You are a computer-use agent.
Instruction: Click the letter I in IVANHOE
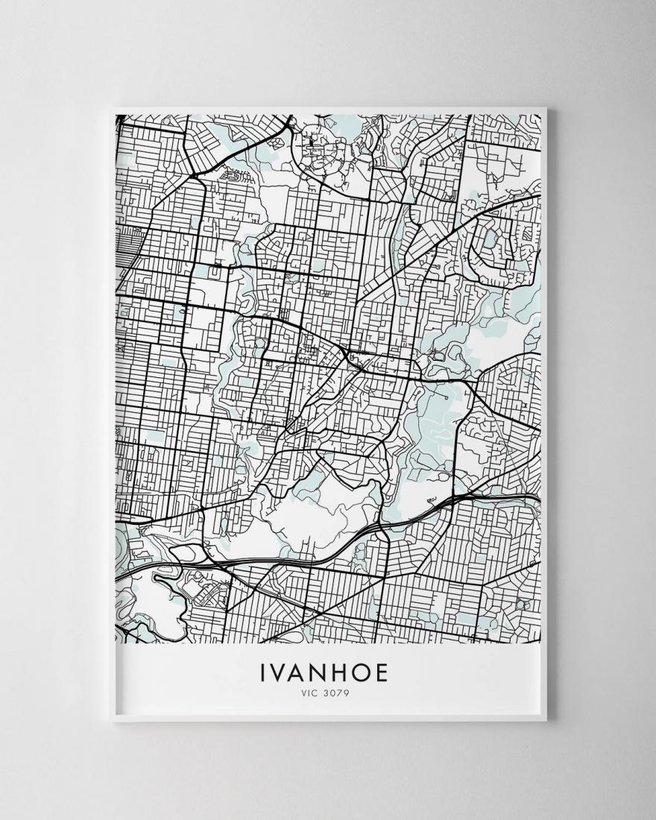click(x=263, y=673)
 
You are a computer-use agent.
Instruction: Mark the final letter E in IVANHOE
click(x=381, y=673)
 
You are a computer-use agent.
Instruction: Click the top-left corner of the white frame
click(x=110, y=110)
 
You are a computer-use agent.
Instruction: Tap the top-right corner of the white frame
click(x=546, y=110)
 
